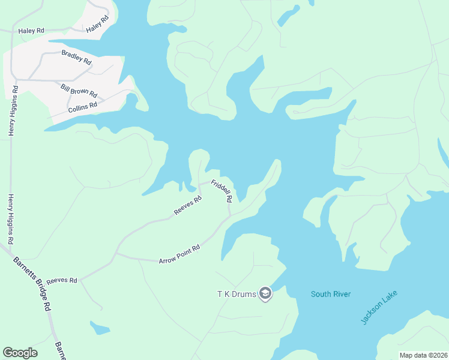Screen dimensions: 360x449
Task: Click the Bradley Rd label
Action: [x=76, y=57]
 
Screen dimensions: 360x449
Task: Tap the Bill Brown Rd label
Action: [x=79, y=91]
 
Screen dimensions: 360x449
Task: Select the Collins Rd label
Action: [x=82, y=107]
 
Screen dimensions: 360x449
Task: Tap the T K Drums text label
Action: [x=237, y=294]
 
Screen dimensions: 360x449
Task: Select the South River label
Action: [x=330, y=294]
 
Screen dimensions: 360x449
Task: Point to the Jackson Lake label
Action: [x=379, y=308]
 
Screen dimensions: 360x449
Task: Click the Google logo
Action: [x=20, y=353]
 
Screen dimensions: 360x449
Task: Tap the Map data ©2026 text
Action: [x=423, y=355]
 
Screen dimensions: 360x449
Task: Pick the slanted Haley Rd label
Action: [x=97, y=24]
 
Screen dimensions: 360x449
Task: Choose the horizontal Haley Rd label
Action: [x=31, y=31]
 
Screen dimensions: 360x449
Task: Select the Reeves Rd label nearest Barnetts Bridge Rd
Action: [x=62, y=280]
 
